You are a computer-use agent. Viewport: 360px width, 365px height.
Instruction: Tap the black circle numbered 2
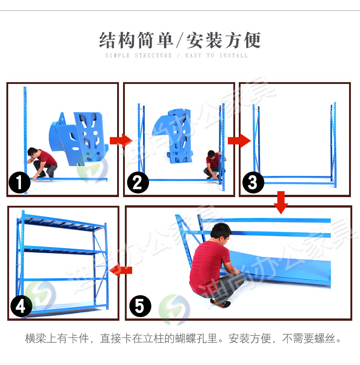coord(137,183)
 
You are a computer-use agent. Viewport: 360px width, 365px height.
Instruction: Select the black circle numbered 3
coord(253,183)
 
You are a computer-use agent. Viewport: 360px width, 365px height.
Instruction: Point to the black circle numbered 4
coord(21,307)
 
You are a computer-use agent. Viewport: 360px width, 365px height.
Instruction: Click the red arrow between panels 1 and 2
coord(121,140)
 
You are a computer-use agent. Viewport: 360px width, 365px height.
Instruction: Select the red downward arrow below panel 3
coord(281,203)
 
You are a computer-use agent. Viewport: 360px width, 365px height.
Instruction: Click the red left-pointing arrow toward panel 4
coord(121,270)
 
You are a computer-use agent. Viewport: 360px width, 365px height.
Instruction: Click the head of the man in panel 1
coord(32,152)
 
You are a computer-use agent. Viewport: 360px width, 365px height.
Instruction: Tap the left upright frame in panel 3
coord(256,144)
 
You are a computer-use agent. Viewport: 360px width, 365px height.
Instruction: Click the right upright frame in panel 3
coord(333,144)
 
